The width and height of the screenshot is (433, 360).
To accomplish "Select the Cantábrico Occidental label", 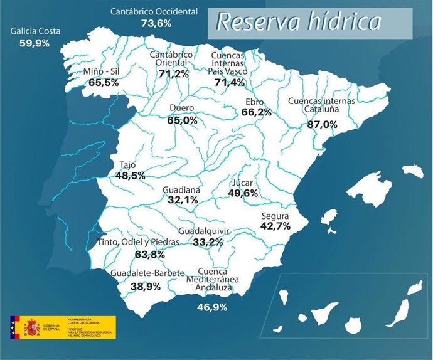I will tap(154, 11).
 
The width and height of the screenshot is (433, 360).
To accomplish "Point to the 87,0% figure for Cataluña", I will tap(321, 125).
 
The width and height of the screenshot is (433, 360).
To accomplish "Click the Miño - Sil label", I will tap(101, 71).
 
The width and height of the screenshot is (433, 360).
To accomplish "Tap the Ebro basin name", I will tap(255, 102).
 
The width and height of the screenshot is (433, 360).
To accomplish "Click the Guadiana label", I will tap(181, 189).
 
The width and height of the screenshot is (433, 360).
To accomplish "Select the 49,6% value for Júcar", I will tap(242, 193).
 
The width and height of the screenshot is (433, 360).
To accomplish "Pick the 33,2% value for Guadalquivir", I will tap(208, 241).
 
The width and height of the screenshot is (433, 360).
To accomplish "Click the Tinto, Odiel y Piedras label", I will tap(139, 242).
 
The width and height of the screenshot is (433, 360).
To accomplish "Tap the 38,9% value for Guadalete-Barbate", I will tap(144, 286).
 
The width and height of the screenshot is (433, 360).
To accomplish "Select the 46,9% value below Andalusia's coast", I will tap(212, 307).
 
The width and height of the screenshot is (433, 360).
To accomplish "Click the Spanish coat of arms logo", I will tap(31, 327).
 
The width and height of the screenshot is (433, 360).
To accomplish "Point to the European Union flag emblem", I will tap(14, 327).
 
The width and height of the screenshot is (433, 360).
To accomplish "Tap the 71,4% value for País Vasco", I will tap(229, 82).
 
